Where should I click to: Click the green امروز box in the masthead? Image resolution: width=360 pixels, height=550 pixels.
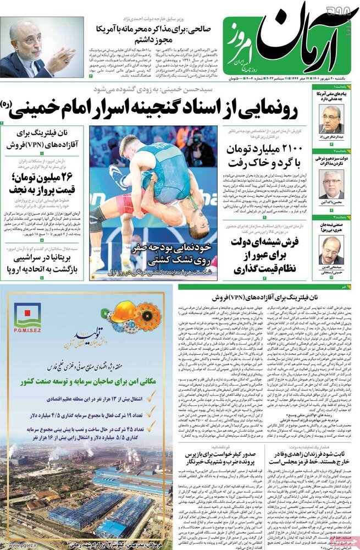point(237,42)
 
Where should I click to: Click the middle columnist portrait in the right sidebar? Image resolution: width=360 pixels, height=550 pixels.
point(331,184)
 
